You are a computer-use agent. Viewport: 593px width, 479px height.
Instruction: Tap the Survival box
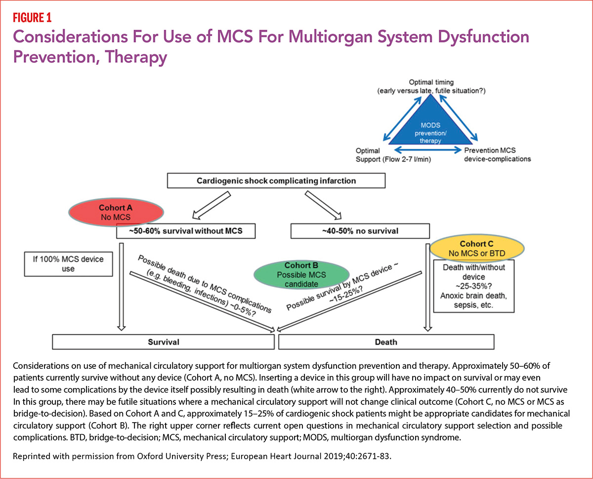click(x=163, y=342)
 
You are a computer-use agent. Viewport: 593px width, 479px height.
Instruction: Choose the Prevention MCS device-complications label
click(x=496, y=154)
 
